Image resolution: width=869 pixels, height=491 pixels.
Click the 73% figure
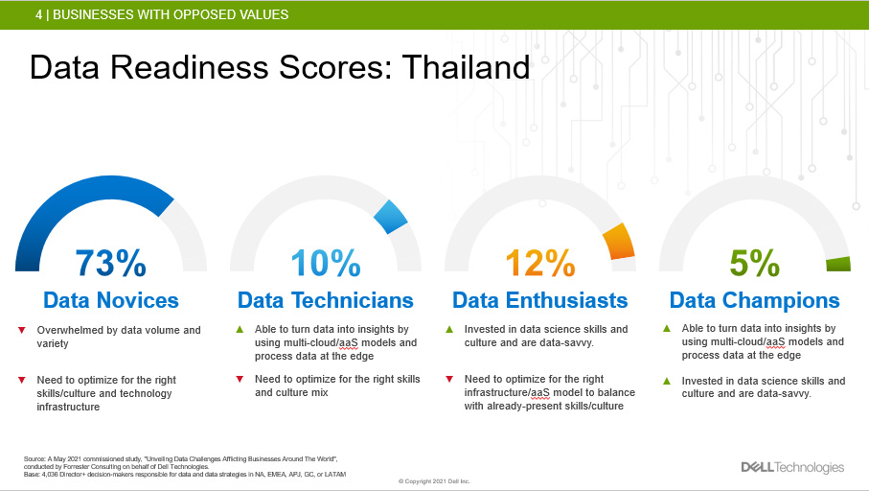pyautogui.click(x=111, y=263)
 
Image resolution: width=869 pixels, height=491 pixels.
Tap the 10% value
pyautogui.click(x=326, y=263)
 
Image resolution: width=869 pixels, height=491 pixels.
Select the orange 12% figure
pyautogui.click(x=540, y=263)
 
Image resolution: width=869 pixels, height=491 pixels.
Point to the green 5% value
pyautogui.click(x=754, y=263)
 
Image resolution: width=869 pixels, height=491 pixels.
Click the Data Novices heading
pyautogui.click(x=111, y=300)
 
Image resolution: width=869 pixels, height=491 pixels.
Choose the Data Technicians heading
pyautogui.click(x=326, y=300)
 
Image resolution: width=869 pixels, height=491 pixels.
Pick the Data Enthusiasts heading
pyautogui.click(x=539, y=300)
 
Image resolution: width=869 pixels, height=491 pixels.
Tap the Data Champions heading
pyautogui.click(x=754, y=300)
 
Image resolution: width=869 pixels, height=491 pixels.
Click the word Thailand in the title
pyautogui.click(x=466, y=67)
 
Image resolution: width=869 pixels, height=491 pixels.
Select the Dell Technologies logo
pyautogui.click(x=792, y=467)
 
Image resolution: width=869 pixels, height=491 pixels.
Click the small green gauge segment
pyautogui.click(x=838, y=264)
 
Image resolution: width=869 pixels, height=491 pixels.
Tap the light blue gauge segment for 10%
pyautogui.click(x=391, y=217)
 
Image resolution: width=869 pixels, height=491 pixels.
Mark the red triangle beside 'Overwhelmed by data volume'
pyautogui.click(x=22, y=330)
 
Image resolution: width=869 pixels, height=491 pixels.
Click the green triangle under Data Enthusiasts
pyautogui.click(x=449, y=330)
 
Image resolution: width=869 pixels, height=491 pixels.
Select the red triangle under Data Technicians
pyautogui.click(x=240, y=380)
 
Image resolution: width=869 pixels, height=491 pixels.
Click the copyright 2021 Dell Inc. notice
pyautogui.click(x=434, y=481)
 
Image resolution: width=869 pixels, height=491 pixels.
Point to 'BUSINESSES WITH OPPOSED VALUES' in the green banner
pyautogui.click(x=171, y=14)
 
